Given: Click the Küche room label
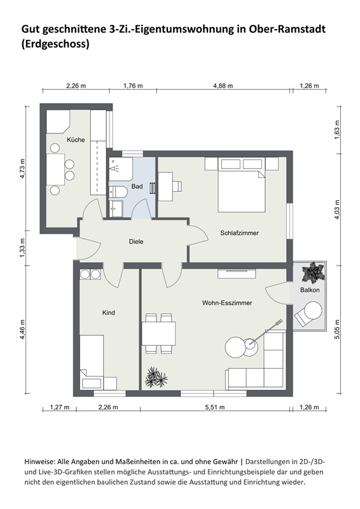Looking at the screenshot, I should (76, 139).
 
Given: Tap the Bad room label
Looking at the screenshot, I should (137, 186).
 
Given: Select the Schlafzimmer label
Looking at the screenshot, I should (240, 233).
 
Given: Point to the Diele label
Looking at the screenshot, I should (135, 241).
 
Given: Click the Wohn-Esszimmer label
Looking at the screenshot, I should (227, 303).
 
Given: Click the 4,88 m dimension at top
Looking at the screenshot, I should (223, 85).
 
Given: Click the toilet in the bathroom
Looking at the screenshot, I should (118, 191).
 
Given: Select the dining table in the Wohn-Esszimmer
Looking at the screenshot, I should (158, 333).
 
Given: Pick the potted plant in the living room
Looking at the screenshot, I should (156, 377).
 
